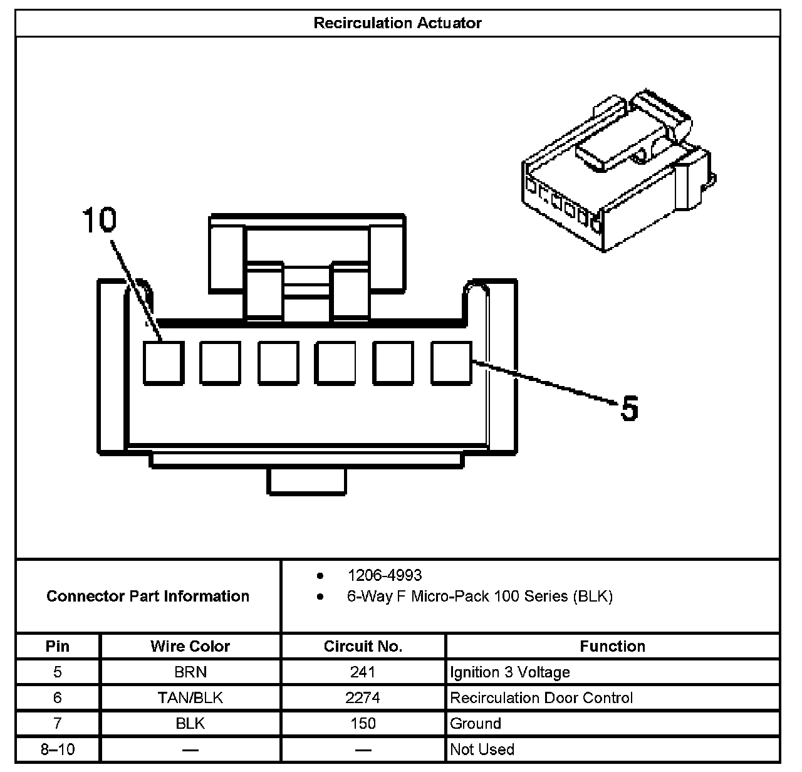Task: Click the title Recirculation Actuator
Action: pyautogui.click(x=397, y=23)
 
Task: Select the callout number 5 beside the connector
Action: pyautogui.click(x=629, y=408)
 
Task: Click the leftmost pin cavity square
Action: pyautogui.click(x=163, y=362)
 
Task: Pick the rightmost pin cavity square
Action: pyautogui.click(x=451, y=362)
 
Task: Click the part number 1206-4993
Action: pyautogui.click(x=385, y=575)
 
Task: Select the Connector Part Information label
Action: pyautogui.click(x=148, y=596)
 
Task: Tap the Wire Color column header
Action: pyautogui.click(x=190, y=646)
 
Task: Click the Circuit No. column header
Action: pyautogui.click(x=363, y=646)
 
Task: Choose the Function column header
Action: pyautogui.click(x=612, y=646)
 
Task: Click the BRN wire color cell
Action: pyautogui.click(x=190, y=672)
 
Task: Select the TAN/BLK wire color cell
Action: pyautogui.click(x=190, y=698)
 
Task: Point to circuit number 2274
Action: pyautogui.click(x=363, y=698)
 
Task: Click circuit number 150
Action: pyautogui.click(x=363, y=724)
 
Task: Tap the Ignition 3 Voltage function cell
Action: pyautogui.click(x=510, y=672)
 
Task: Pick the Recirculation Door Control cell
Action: pyautogui.click(x=541, y=698)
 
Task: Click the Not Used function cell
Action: pyautogui.click(x=482, y=749)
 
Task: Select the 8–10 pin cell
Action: pyautogui.click(x=58, y=749)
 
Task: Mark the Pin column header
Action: pyautogui.click(x=58, y=646)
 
